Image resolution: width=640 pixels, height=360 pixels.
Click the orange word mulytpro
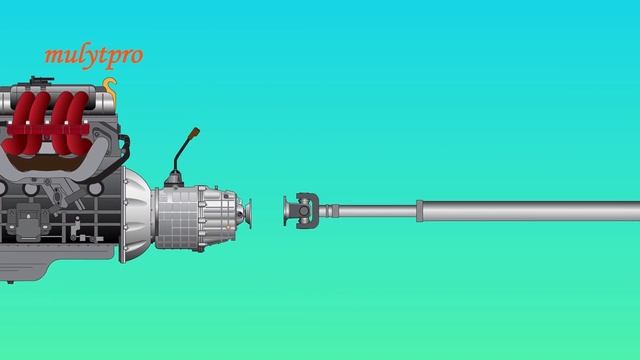(94, 56)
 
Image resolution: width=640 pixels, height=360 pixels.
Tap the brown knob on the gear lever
(195, 133)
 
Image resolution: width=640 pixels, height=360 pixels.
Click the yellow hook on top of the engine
(110, 88)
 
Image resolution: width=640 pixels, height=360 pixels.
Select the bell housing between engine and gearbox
(136, 214)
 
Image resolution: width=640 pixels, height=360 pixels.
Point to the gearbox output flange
(246, 213)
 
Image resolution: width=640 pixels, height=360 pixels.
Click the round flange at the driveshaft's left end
(286, 211)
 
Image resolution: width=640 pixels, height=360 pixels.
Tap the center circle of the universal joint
(304, 211)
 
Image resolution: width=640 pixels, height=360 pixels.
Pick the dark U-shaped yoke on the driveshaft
(309, 211)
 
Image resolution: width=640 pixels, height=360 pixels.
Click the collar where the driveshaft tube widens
(420, 211)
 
